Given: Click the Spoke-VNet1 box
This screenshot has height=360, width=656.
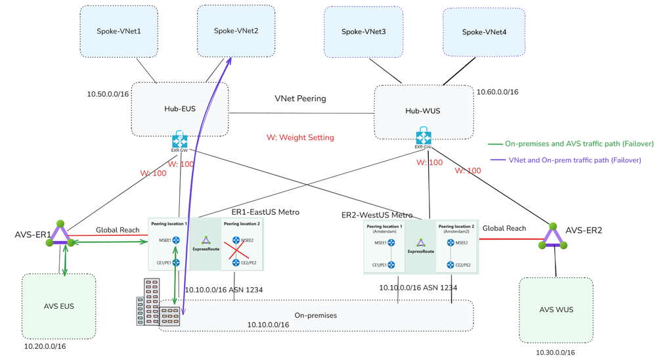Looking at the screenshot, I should (119, 31).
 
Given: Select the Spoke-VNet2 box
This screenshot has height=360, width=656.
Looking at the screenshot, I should (236, 31).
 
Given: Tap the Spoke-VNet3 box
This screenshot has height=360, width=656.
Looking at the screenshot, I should (363, 32).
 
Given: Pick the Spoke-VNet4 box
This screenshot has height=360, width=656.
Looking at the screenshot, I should (483, 32).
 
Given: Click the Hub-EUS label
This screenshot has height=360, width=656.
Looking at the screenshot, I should (179, 109).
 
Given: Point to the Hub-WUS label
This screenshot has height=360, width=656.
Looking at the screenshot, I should (423, 111).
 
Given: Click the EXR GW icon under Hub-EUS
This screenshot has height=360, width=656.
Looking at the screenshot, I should (180, 140).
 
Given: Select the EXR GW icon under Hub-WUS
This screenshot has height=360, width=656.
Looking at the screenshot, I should (424, 139).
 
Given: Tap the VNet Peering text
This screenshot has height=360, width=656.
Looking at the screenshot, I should (300, 99).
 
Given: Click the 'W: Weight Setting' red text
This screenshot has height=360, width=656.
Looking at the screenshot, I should (300, 137).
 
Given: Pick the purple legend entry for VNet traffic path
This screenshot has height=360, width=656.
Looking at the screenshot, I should (565, 160).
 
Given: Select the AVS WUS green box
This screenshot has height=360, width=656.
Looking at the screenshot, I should (556, 309).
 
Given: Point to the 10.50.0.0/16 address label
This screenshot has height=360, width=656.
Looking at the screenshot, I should (108, 94).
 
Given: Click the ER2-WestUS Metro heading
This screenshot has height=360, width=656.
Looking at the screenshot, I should (377, 215).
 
